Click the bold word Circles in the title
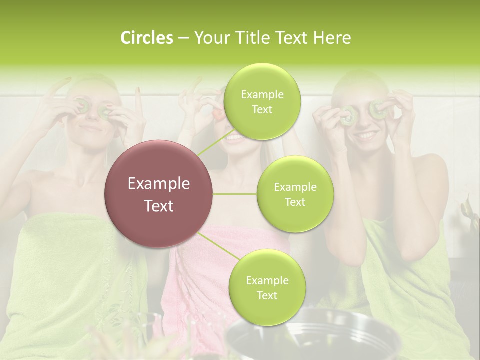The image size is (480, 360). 147,38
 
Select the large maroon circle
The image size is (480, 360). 159,194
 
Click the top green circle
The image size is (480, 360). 262,101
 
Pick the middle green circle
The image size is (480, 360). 295,194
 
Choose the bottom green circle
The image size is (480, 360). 267,287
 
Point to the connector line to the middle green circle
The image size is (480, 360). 235,194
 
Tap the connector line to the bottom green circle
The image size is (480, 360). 218,247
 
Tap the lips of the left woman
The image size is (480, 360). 91,128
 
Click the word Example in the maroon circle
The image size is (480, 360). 159,184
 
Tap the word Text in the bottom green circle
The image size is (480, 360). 267,295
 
